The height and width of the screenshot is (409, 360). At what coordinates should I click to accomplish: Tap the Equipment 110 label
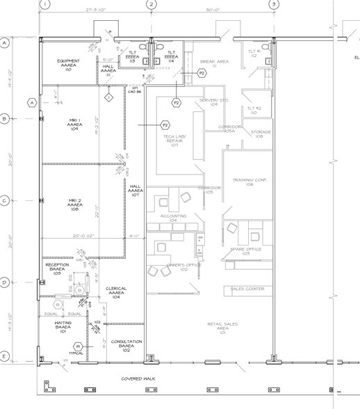pos(69,65)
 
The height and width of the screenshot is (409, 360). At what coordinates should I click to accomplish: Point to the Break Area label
pos(214,65)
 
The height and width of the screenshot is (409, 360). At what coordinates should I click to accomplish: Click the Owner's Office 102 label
pos(174,268)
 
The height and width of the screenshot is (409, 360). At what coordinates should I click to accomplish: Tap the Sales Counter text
pos(246,289)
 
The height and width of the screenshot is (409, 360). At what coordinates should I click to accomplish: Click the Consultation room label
pos(125,345)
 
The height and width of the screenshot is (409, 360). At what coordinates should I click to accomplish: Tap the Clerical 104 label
pos(116,292)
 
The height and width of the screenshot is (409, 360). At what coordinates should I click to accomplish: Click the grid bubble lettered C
pos(4,201)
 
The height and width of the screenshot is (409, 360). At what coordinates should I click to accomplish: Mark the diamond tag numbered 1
pos(108,98)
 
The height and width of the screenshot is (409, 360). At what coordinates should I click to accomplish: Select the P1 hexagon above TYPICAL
pos(79,346)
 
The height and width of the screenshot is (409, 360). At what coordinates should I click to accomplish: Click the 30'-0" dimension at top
pos(213,11)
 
